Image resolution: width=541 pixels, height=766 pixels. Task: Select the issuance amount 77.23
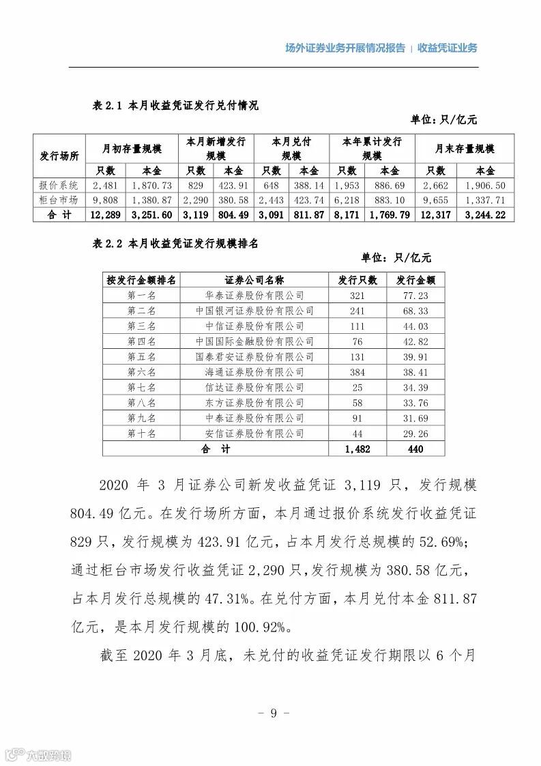[x=415, y=295]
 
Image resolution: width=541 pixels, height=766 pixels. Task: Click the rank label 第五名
[x=141, y=356]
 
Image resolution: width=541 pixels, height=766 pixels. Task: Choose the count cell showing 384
[x=357, y=372]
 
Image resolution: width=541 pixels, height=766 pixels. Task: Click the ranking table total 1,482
[x=357, y=449]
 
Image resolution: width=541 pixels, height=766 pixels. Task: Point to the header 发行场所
[x=59, y=156]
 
